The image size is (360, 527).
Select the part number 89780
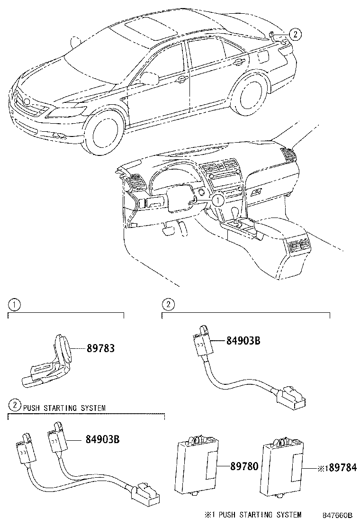tap(244, 466)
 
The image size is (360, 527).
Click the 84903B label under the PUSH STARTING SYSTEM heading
tap(102, 439)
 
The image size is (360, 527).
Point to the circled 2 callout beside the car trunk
tap(294, 34)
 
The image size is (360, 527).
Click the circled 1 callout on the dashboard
tap(216, 200)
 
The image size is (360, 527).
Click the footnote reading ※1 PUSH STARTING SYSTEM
tap(252, 515)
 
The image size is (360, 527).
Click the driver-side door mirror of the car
tap(149, 78)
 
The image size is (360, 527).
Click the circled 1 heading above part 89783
tap(15, 305)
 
